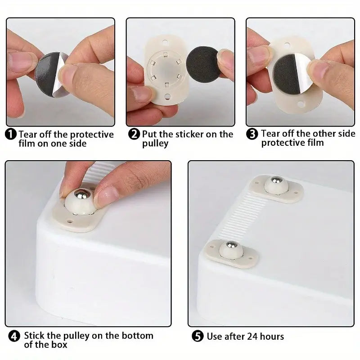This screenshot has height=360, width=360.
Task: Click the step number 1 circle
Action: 11,135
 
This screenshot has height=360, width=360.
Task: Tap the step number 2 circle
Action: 134,135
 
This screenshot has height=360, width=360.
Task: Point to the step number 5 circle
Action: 197,336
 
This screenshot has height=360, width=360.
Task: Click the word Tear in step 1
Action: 28,135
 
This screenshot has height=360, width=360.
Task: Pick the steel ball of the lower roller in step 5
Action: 230,245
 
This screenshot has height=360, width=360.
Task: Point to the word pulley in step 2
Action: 155,144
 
